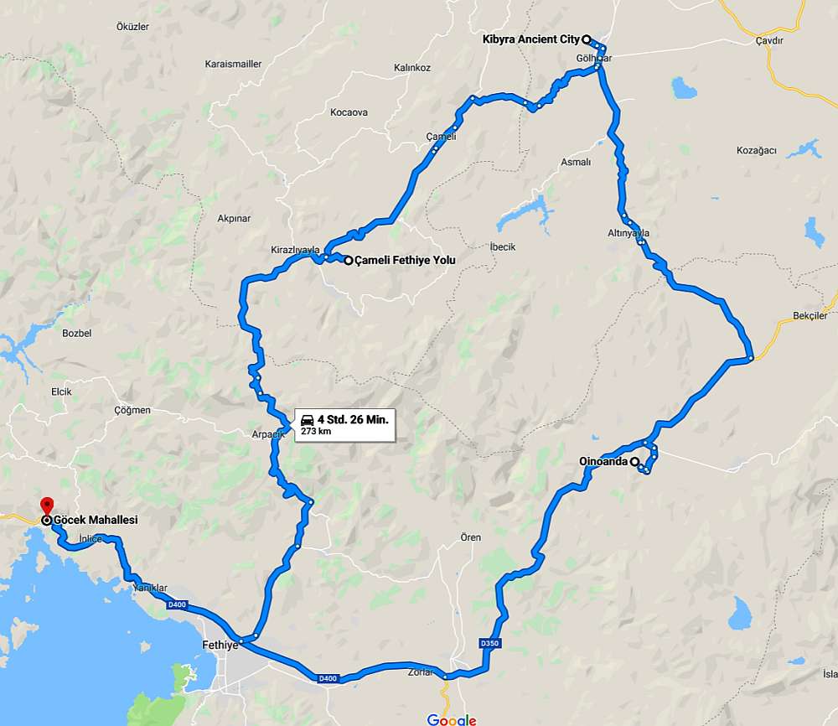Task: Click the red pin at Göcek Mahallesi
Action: [46, 506]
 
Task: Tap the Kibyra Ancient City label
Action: [531, 39]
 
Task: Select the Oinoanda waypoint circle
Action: [634, 461]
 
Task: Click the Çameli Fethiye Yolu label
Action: [405, 261]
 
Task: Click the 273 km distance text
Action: [315, 432]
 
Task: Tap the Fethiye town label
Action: [220, 646]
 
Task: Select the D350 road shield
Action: [489, 643]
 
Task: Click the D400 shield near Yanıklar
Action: [177, 604]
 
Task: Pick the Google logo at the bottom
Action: [452, 719]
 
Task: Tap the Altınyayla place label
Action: [628, 233]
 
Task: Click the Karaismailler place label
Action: [233, 64]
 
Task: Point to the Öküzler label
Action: [132, 27]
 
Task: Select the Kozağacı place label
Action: [756, 151]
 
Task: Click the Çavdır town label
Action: [768, 40]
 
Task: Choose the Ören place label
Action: [470, 537]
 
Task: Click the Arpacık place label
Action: [269, 434]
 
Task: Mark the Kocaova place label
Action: [349, 112]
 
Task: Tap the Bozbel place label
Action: [76, 334]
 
